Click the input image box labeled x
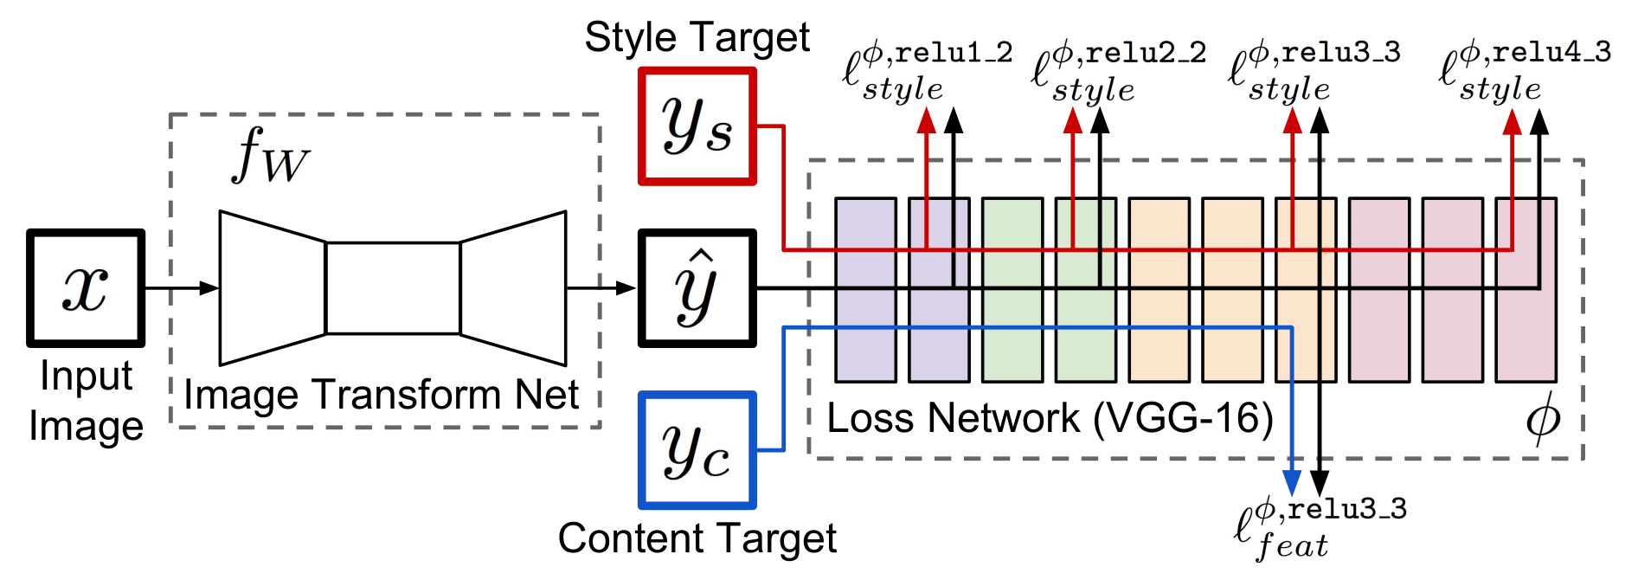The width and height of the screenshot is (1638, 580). click(x=86, y=288)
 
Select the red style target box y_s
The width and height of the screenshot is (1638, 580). click(x=697, y=126)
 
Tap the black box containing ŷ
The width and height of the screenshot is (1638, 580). click(x=697, y=288)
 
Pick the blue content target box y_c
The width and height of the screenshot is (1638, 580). click(x=697, y=450)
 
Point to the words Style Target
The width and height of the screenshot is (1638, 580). click(x=697, y=37)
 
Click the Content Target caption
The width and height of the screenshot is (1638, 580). click(x=697, y=538)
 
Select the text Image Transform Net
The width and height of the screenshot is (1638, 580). click(x=382, y=396)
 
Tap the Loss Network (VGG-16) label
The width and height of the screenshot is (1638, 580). click(x=1050, y=419)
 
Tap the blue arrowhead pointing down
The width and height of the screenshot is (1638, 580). click(x=1291, y=483)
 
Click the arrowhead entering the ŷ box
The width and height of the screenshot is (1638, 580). click(x=626, y=288)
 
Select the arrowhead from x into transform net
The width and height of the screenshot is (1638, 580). click(x=209, y=288)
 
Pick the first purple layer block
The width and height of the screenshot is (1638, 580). click(x=865, y=290)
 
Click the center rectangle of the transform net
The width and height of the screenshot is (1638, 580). click(x=393, y=288)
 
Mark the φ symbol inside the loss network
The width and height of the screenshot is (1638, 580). click(x=1542, y=420)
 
